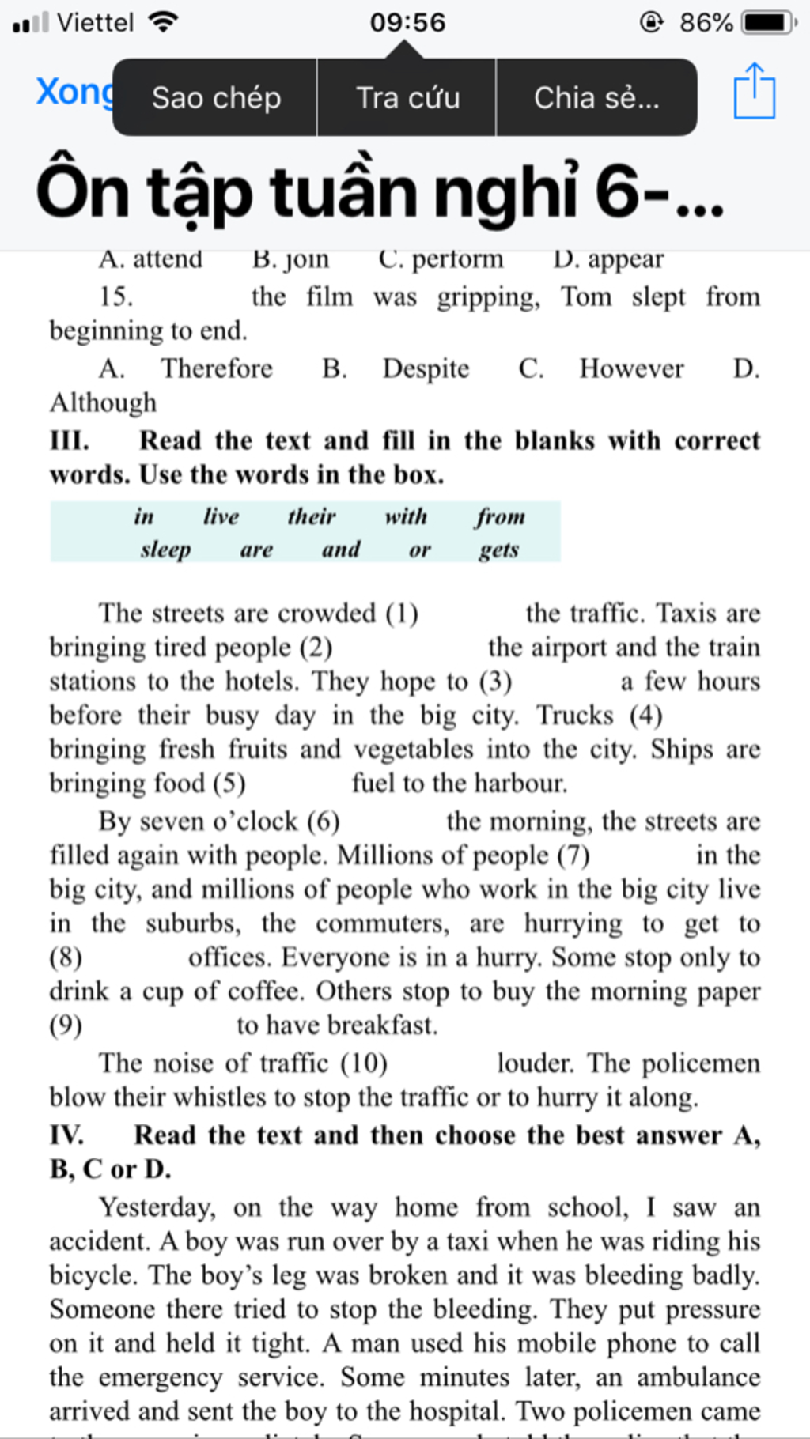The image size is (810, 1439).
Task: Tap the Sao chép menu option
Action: click(x=216, y=98)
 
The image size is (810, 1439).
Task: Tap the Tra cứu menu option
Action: click(x=407, y=98)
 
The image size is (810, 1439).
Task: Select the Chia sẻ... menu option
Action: click(x=596, y=98)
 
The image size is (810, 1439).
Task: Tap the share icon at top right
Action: click(x=754, y=92)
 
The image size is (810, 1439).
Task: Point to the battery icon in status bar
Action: click(x=767, y=22)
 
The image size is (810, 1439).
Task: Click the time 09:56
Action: click(x=407, y=22)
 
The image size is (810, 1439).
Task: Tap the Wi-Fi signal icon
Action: click(x=163, y=22)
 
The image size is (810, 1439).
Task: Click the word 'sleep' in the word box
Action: click(x=165, y=549)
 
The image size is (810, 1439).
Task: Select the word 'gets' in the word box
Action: click(x=498, y=549)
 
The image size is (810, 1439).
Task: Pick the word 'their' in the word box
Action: click(x=312, y=516)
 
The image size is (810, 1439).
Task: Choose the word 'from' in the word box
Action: click(x=500, y=516)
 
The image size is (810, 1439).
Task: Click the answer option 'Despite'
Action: click(x=426, y=368)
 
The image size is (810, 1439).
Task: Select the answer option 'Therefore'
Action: click(x=217, y=368)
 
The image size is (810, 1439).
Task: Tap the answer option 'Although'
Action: click(x=103, y=402)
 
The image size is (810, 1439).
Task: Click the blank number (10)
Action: click(x=363, y=1063)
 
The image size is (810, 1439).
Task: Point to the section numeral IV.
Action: click(x=66, y=1135)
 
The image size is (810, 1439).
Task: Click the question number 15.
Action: click(x=115, y=297)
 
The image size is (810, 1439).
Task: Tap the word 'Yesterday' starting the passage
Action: click(x=156, y=1207)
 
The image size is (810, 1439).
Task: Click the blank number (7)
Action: click(x=573, y=855)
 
